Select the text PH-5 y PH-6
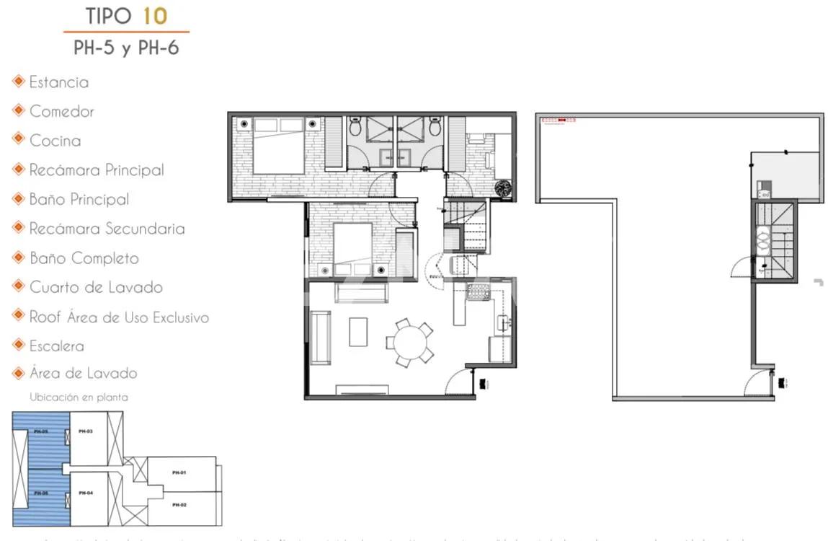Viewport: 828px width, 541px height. coord(126,48)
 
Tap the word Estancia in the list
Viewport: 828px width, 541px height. coord(59,82)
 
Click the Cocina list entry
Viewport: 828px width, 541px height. coord(55,141)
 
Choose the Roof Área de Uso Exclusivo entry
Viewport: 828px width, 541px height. coord(119,317)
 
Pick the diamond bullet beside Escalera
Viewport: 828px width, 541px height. coord(19,346)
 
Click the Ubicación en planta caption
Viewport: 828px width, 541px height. coord(79,397)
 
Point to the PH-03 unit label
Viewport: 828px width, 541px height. coord(85,431)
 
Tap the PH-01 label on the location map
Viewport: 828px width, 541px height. coord(179,472)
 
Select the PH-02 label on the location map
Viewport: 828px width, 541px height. coord(179,505)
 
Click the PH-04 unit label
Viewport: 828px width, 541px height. coord(85,493)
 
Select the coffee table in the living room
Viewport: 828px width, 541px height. coord(358,332)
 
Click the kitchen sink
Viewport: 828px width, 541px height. coord(502,323)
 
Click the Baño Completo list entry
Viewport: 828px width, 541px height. coord(84,258)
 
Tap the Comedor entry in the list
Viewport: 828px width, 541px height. coord(61,111)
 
